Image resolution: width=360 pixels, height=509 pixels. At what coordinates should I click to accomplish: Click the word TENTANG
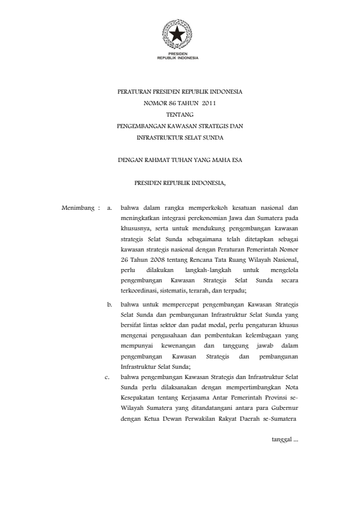coord(179,114)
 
